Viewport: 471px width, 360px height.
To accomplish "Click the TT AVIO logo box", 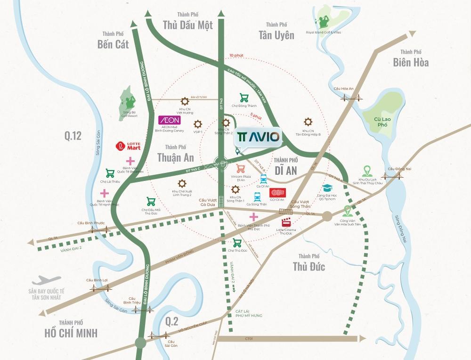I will (x=258, y=137).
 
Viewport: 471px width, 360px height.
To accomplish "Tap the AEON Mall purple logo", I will (x=169, y=120).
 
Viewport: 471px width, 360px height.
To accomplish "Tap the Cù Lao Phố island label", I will (x=381, y=123).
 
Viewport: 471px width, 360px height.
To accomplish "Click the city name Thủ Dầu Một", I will (x=187, y=25).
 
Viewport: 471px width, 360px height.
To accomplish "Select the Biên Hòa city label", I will (x=411, y=62).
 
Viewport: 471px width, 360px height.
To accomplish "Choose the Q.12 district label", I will (x=73, y=136).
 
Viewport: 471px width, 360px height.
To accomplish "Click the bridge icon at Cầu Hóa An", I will (x=350, y=97).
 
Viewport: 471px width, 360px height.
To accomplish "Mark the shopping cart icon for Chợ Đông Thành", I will (x=244, y=98).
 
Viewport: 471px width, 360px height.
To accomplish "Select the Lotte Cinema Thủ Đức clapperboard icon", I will (x=286, y=223).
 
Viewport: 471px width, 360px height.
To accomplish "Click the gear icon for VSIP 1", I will (x=197, y=124).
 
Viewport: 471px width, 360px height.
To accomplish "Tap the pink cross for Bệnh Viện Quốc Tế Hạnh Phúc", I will (x=104, y=194).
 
